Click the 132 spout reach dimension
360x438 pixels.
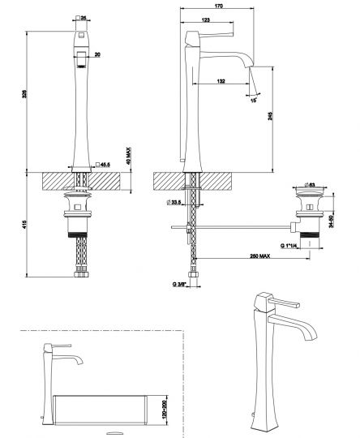[x=221, y=80]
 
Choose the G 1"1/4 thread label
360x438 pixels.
[x=293, y=244]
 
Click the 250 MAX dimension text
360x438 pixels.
[x=259, y=258]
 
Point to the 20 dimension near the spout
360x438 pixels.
[x=98, y=55]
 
